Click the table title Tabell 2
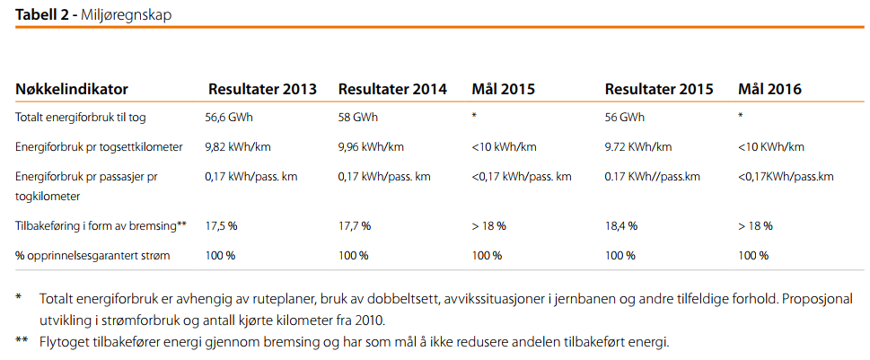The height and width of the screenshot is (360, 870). (44, 15)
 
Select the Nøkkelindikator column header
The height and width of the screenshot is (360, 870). (72, 90)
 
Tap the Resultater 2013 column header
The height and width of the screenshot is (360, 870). (262, 90)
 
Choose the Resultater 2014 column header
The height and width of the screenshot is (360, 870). (392, 90)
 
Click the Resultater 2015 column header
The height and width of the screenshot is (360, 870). (659, 90)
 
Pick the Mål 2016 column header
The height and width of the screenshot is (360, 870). (769, 90)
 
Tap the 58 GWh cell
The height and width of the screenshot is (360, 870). (358, 118)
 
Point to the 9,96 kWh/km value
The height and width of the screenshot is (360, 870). (372, 147)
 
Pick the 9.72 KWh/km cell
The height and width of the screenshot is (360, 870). (639, 147)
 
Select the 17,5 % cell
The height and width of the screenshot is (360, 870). (221, 226)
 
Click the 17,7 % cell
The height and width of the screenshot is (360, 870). (354, 226)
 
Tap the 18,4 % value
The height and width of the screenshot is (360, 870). (621, 226)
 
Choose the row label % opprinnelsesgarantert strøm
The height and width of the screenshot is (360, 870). (92, 256)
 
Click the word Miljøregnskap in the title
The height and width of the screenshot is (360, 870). (127, 15)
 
